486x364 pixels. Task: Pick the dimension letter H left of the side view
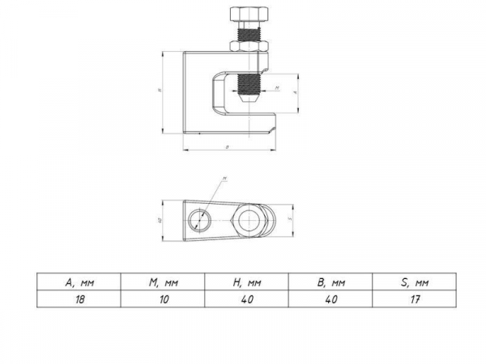tap(160, 91)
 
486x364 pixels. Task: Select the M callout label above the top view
tap(224, 178)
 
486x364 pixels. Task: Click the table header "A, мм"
tap(79, 282)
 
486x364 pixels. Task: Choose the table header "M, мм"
tap(162, 282)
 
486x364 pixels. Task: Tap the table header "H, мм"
tap(246, 282)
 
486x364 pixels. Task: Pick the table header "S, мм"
tap(413, 282)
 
